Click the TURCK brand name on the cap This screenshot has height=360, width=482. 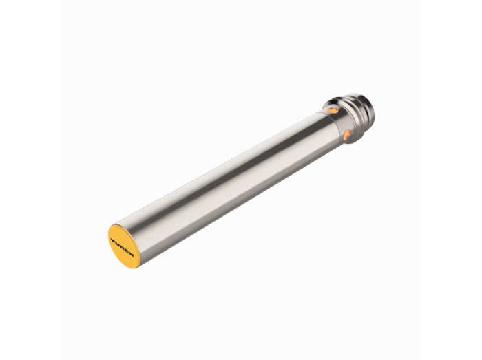pyautogui.click(x=123, y=247)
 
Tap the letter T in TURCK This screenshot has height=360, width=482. pyautogui.click(x=113, y=240)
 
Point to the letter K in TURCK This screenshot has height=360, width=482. pyautogui.click(x=132, y=255)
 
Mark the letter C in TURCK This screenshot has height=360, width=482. pyautogui.click(x=127, y=251)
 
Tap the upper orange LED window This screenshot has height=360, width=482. pyautogui.click(x=333, y=109)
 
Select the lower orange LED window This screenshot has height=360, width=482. pyautogui.click(x=347, y=134)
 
